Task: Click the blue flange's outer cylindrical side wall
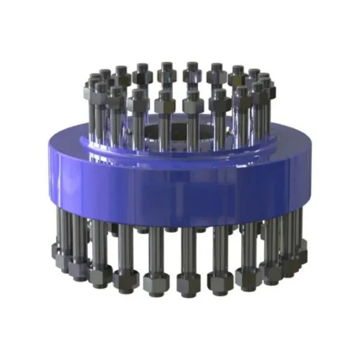click(x=180, y=187)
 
